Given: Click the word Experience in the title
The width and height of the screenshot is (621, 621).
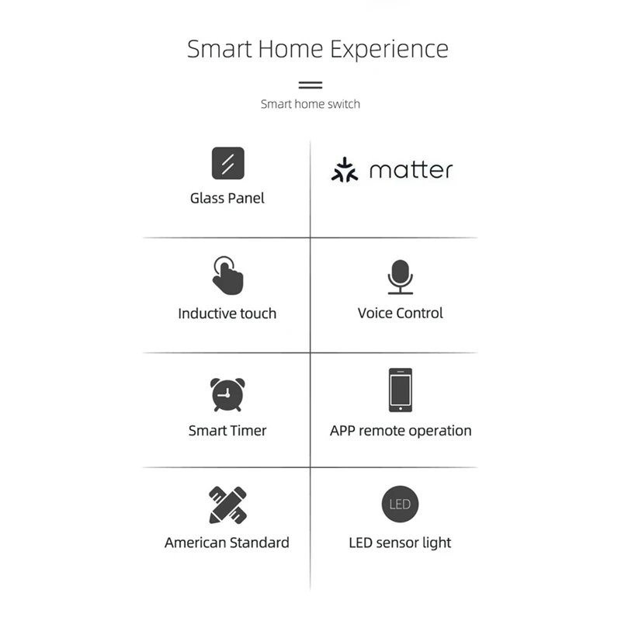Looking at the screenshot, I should coord(389,49).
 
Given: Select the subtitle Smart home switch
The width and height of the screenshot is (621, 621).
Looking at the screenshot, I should coord(310,103).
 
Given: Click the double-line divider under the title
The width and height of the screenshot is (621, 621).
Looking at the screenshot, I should coord(310,85).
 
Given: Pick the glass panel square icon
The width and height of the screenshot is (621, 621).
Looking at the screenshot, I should coord(227,163).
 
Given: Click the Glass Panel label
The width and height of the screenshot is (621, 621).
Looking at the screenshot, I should coord(227,198).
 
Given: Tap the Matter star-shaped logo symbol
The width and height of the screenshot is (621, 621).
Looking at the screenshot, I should coord(345,170).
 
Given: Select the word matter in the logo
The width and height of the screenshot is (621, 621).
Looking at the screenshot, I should coord(411,170).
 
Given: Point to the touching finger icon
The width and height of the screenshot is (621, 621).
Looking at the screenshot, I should coord(227,275).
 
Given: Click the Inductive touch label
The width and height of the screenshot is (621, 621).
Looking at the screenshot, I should coord(227,314).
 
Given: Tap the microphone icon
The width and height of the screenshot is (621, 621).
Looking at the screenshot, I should coord(401,276).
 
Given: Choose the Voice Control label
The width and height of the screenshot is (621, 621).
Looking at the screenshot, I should coord(401,313).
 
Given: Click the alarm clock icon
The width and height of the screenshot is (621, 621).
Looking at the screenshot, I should coord(227,394).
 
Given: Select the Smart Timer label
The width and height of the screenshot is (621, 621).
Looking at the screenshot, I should coord(227,430).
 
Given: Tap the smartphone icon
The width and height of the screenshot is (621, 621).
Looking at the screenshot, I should coord(401,390).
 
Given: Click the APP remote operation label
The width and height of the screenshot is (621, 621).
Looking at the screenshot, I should coord(401,430).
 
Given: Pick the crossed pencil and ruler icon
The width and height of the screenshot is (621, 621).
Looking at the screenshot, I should coord(227,505).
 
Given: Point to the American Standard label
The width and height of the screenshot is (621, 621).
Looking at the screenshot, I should coord(227,543).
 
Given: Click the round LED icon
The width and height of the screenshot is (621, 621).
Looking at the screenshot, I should coord(401,505).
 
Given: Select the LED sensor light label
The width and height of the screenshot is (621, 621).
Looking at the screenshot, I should coord(401,543).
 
